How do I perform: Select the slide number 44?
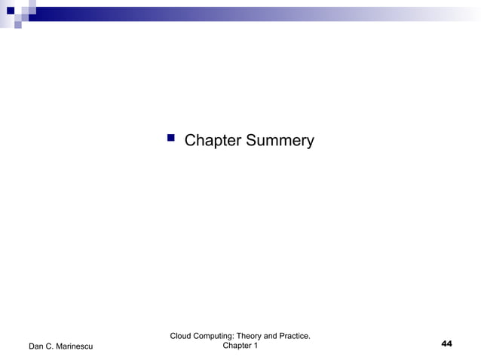point(446,344)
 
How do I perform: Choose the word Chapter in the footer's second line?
point(235,346)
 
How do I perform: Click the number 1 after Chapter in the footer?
point(256,346)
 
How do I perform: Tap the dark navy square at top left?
point(11,11)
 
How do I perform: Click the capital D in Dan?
point(31,346)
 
